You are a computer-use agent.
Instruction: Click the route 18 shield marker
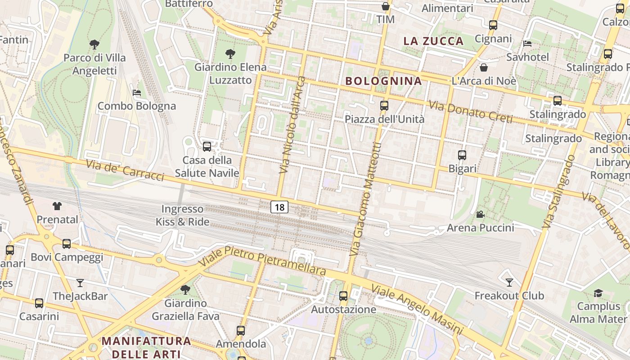pos(279,207)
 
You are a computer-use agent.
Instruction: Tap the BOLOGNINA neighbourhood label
pos(383,81)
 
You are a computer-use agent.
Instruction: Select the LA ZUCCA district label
pos(433,41)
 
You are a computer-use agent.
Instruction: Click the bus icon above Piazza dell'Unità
pos(384,106)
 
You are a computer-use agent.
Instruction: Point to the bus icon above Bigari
pos(462,155)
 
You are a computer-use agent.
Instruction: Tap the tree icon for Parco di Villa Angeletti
pos(94,44)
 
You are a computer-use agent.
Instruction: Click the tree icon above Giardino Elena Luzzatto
pos(230,54)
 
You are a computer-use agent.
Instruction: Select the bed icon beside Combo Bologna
pos(137,93)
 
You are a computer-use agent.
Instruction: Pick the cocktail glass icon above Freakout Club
pos(509,282)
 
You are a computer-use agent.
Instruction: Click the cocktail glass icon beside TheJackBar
pos(80,283)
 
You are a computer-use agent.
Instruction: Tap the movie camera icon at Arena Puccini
pos(480,215)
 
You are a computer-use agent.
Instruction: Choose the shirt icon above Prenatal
pos(57,206)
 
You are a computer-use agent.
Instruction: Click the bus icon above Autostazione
pos(343,296)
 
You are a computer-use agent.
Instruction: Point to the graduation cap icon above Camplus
pos(598,293)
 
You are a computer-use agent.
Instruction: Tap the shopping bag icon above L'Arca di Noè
pos(484,67)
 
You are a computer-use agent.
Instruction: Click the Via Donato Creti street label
pos(470,112)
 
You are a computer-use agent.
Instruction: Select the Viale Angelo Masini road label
pos(416,310)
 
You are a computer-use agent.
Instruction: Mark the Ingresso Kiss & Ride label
pos(183,215)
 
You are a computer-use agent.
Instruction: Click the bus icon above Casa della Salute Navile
pos(207,146)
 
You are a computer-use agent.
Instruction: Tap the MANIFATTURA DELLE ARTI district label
pos(146,347)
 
